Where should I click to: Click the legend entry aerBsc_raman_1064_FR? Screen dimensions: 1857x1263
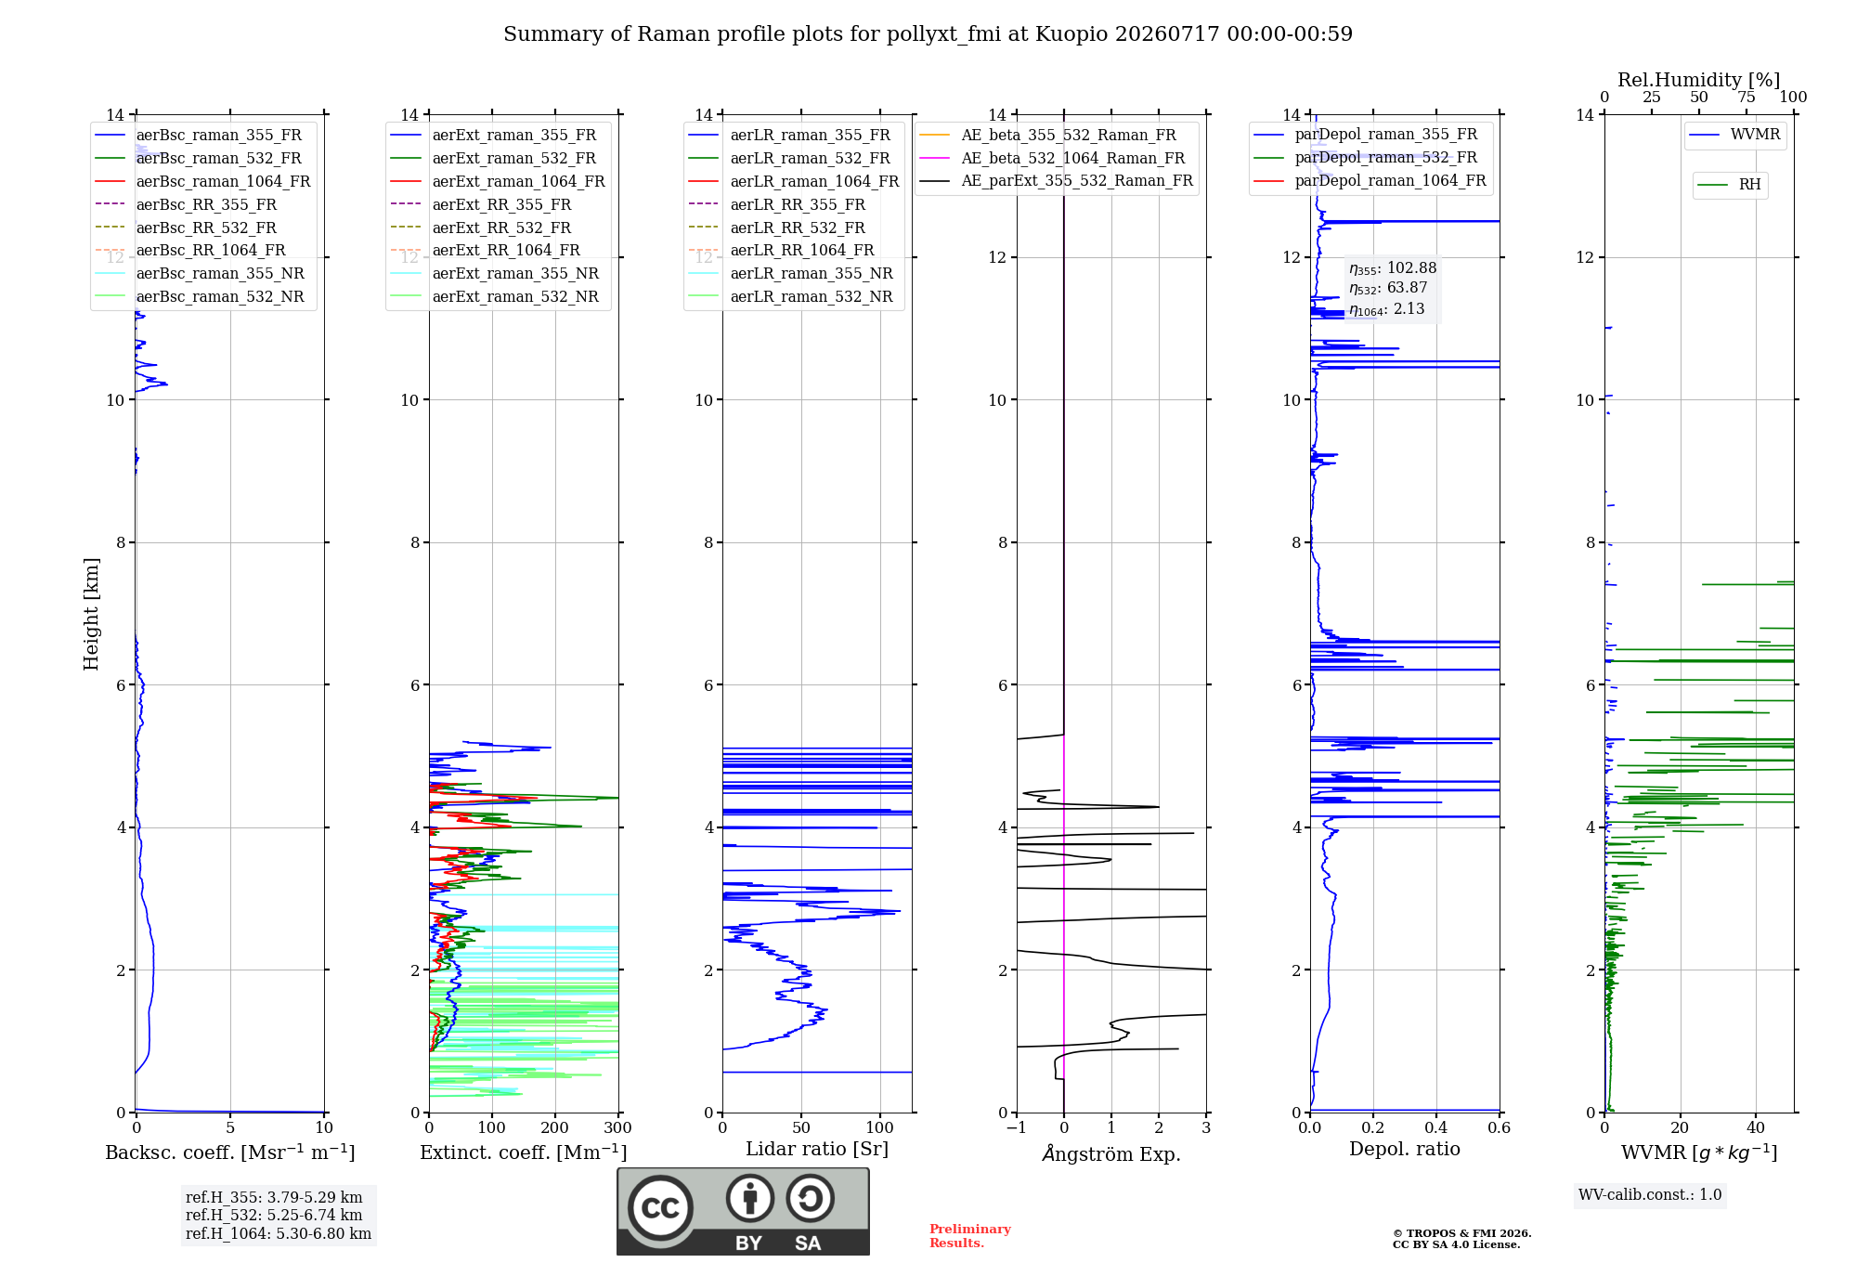(202, 181)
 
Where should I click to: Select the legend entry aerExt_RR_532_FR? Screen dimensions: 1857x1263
(481, 228)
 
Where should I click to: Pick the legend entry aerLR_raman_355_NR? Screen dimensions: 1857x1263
(790, 273)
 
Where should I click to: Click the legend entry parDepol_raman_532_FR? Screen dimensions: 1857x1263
(1365, 157)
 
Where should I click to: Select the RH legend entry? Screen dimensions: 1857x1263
(1729, 185)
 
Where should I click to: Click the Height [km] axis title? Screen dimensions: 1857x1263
(91, 614)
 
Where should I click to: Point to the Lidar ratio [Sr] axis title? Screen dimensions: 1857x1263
(817, 1149)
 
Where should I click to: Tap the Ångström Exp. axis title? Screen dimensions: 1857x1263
(1111, 1153)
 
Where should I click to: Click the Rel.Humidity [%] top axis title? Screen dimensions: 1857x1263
(1699, 80)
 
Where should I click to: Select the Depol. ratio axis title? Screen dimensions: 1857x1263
(1405, 1149)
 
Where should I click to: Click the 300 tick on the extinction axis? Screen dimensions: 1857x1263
(618, 1127)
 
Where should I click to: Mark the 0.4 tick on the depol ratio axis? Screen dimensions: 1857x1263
(1436, 1127)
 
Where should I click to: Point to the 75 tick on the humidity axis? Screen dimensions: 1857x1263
(1747, 98)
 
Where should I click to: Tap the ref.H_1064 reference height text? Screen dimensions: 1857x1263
(279, 1233)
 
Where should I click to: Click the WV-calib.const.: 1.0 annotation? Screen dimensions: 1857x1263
(1650, 1194)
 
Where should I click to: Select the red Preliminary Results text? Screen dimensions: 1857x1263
(970, 1236)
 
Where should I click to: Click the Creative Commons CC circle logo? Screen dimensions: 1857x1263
(660, 1207)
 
